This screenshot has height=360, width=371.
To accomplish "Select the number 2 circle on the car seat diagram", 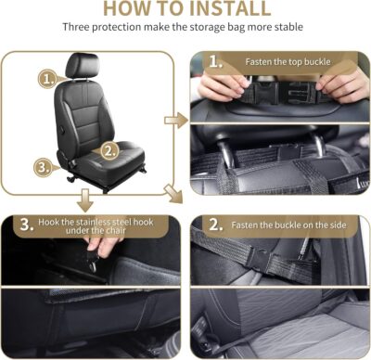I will point(109,148).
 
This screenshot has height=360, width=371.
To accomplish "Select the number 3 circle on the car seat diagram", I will point(42,167).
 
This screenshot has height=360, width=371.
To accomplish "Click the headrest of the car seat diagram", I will point(82,66).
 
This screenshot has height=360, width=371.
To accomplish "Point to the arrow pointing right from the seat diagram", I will point(173,120).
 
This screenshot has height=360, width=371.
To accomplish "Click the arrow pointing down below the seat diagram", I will point(84,199).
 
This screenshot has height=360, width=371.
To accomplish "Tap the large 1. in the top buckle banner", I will point(214,63).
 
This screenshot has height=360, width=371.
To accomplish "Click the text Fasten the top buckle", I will point(288,62).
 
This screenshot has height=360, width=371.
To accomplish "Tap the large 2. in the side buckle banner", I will point(214,225).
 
